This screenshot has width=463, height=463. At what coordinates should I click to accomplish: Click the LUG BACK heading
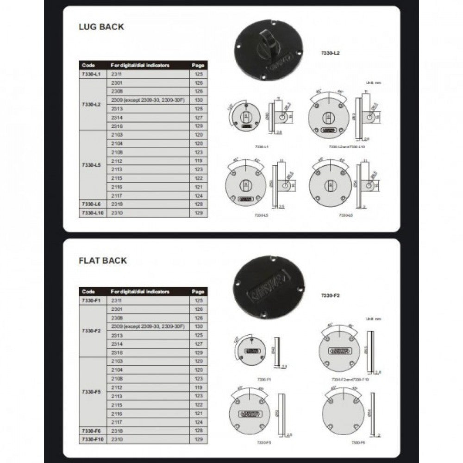click(x=101, y=27)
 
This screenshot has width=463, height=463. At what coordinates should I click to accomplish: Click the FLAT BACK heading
click(x=103, y=261)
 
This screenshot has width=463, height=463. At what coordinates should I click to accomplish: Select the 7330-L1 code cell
click(x=91, y=74)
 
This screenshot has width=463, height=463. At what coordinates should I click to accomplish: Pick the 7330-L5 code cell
click(x=91, y=165)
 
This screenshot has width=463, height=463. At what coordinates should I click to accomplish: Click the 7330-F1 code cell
click(x=91, y=300)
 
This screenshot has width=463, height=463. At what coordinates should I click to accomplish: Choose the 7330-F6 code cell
click(x=91, y=431)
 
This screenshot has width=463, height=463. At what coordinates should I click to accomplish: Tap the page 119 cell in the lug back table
click(x=199, y=161)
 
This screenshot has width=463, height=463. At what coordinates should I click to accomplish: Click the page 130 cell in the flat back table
click(x=199, y=326)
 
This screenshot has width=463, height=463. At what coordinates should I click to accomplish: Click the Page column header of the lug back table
click(x=198, y=65)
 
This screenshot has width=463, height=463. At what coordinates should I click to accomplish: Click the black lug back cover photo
click(x=269, y=50)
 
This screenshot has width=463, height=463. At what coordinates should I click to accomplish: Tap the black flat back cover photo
click(x=269, y=287)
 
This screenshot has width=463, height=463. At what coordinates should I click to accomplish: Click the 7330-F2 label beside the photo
click(x=331, y=295)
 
